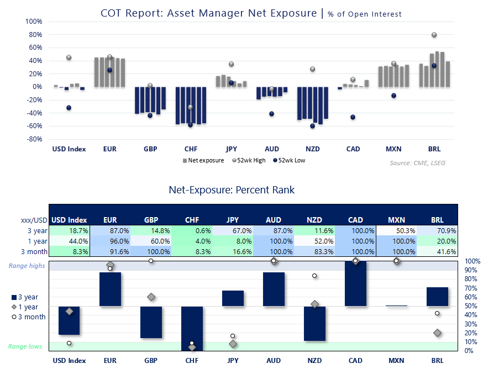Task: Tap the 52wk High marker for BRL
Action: point(434,35)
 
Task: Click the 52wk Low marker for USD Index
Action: point(69,108)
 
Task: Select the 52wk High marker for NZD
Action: point(312,69)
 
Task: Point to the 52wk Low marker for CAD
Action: point(353,117)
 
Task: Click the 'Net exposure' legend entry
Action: point(203,161)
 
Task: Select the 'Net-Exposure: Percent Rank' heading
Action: point(232,190)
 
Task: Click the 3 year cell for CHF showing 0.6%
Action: point(192,230)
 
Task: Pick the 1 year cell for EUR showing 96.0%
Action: point(110,241)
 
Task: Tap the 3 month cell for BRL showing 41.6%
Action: point(437,251)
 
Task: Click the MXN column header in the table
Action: point(396,220)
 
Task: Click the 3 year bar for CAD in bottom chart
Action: point(355,283)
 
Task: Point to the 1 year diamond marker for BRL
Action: point(438,333)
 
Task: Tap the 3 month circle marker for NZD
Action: point(314,276)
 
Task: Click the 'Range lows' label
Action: point(24,346)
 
